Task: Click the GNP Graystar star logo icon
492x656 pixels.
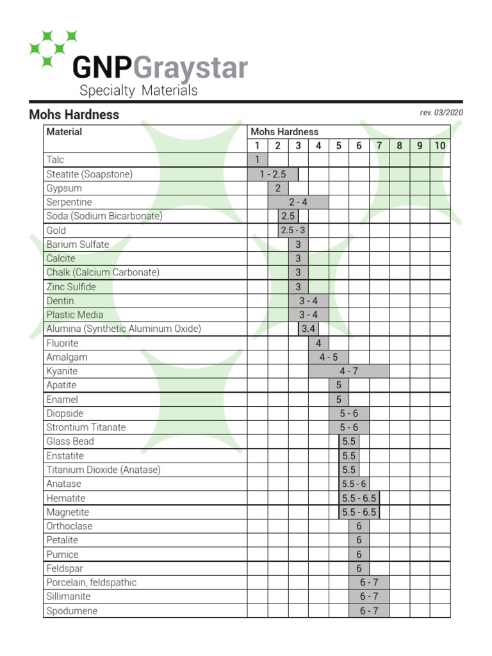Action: click(53, 48)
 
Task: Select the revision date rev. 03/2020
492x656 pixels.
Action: click(441, 113)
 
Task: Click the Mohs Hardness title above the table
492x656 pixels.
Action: click(74, 115)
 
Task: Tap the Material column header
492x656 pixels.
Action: click(64, 132)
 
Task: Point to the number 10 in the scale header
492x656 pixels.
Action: click(439, 145)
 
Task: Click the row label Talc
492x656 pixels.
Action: click(55, 160)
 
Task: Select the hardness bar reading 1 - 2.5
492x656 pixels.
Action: click(273, 174)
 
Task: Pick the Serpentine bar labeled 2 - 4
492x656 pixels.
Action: click(298, 202)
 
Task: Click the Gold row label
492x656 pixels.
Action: click(56, 231)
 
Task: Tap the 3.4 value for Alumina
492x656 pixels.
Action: click(308, 329)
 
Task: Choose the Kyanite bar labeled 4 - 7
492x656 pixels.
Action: click(348, 371)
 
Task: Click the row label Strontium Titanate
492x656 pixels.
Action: click(86, 427)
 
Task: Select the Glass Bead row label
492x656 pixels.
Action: click(70, 441)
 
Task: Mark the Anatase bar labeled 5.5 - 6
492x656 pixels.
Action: click(354, 484)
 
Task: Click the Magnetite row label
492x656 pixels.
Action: click(67, 512)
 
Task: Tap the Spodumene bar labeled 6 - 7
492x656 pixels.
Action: click(369, 611)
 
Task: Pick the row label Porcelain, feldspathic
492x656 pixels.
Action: click(91, 582)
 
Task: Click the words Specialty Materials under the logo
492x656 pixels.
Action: click(138, 90)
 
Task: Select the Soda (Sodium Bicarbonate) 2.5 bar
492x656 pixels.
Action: click(288, 217)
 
